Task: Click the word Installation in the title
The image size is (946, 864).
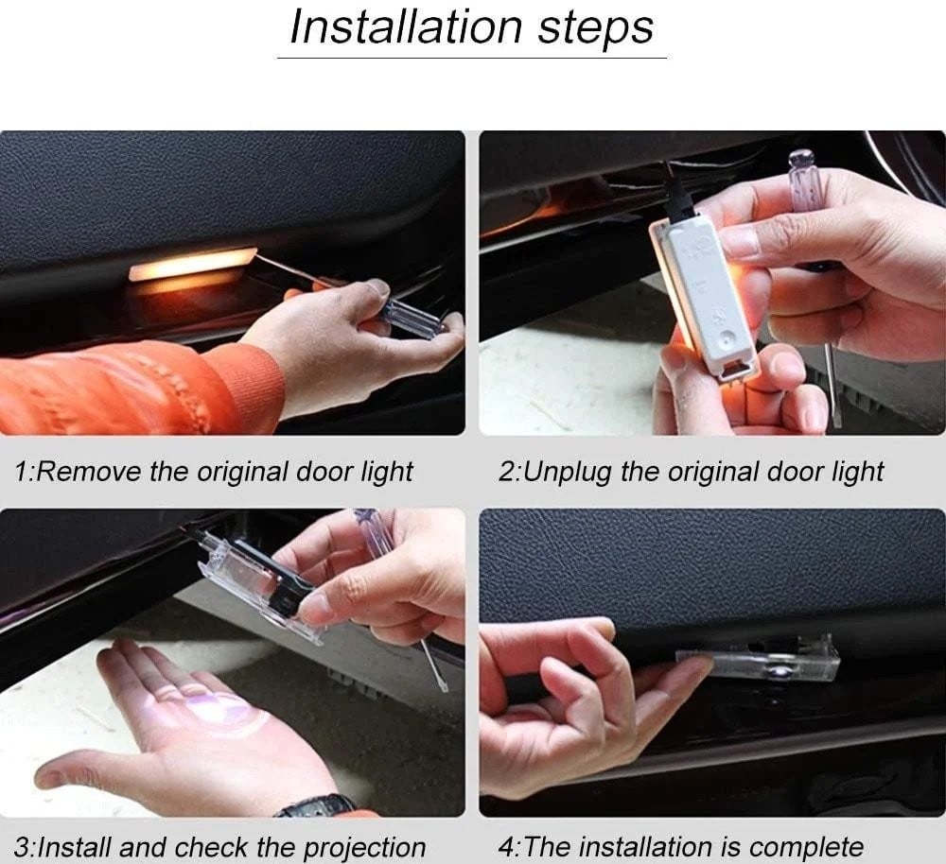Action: (x=406, y=27)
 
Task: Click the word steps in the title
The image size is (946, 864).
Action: (x=595, y=30)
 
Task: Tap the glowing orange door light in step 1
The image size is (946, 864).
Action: (x=192, y=264)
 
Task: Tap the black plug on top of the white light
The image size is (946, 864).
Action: (x=678, y=196)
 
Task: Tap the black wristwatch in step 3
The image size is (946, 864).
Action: (x=317, y=805)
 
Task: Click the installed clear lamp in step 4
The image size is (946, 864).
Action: (x=762, y=664)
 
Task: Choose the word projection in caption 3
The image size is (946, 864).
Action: (x=364, y=848)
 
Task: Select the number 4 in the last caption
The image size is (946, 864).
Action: (x=506, y=847)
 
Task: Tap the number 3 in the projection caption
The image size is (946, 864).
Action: (x=22, y=847)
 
